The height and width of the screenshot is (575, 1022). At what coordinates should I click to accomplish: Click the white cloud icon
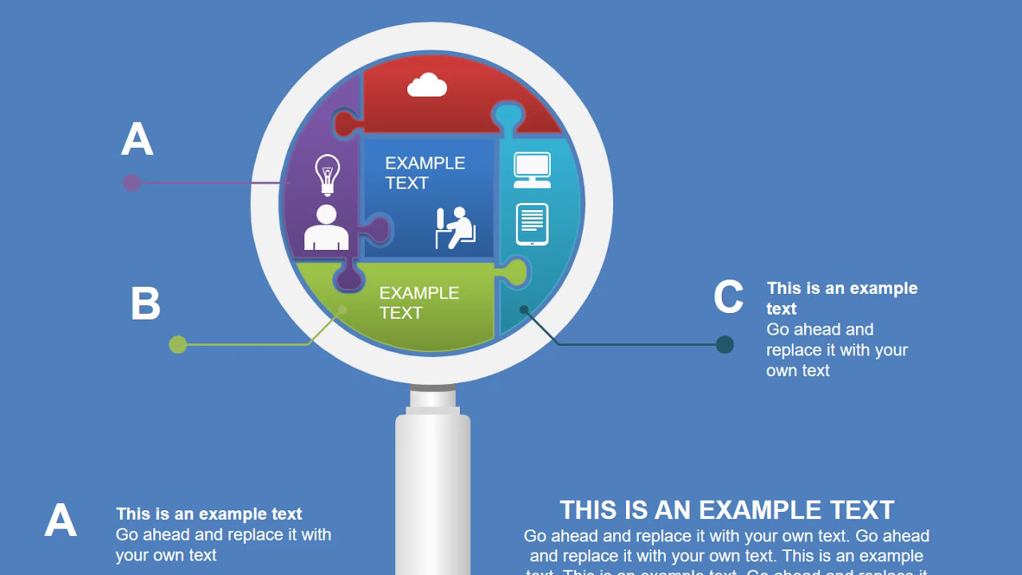427,85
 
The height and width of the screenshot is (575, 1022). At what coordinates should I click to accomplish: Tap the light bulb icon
327,174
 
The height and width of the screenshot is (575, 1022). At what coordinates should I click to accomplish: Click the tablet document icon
532,224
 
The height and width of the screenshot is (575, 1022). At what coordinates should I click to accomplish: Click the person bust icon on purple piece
327,228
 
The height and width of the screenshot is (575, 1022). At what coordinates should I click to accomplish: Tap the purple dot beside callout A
132,183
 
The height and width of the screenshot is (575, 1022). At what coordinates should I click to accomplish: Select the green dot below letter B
178,344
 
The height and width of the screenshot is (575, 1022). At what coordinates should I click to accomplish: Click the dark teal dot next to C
725,344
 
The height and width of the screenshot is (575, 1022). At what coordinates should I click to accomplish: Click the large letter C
728,297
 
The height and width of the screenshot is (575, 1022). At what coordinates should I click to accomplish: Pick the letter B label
145,304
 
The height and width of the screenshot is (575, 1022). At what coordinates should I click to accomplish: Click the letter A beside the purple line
137,140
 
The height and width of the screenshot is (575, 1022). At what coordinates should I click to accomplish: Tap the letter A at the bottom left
61,521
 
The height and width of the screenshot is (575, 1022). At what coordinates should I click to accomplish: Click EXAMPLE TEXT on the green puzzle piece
419,303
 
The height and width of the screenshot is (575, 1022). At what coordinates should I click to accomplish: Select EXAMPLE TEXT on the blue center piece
425,172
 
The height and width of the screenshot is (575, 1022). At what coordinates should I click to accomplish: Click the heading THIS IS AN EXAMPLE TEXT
727,510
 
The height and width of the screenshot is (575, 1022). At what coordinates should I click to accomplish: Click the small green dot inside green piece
343,309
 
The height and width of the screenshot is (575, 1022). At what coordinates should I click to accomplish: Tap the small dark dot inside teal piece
524,309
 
